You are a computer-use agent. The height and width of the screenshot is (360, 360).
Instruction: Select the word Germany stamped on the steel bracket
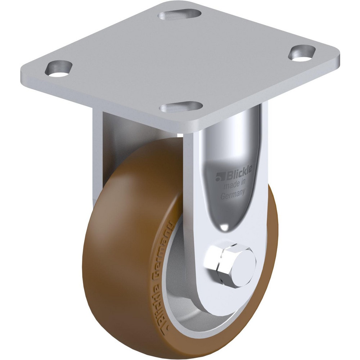coord(233,194)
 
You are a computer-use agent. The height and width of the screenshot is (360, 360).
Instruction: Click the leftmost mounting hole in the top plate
coord(58,68)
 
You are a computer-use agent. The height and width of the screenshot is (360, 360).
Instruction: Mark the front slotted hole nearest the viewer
coord(181,107)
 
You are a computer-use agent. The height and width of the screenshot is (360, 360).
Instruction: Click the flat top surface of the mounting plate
coord(180,61)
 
